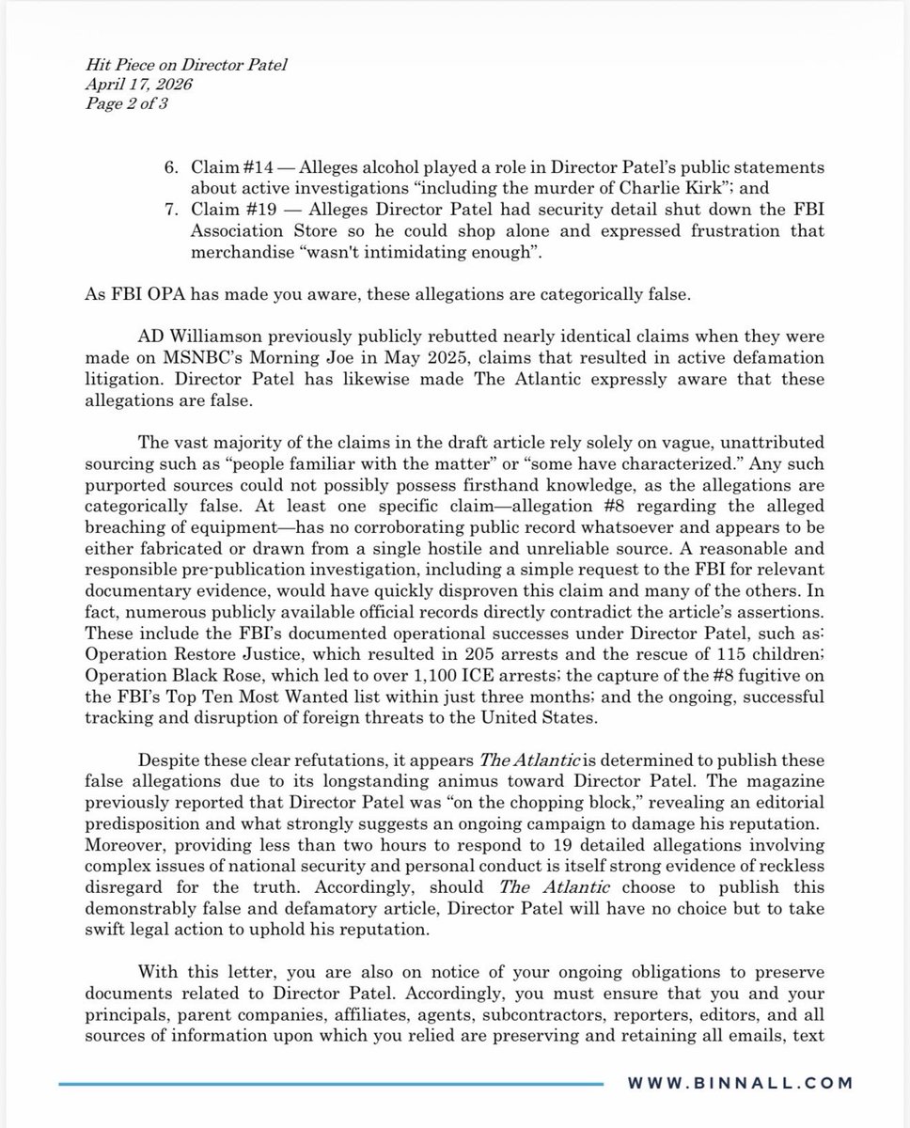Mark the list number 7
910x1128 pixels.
[171, 211]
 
